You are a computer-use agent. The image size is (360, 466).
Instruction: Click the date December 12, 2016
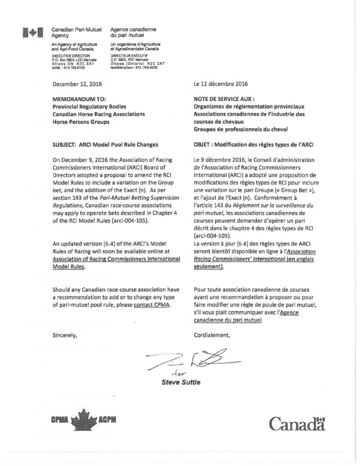[x=77, y=84]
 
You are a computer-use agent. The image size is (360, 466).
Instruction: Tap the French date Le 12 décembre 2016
[x=220, y=84]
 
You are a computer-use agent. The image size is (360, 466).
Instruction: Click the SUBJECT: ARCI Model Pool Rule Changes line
[x=105, y=145]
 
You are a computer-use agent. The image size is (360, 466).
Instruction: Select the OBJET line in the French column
[x=250, y=145]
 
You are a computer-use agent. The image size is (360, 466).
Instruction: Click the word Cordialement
[x=212, y=335]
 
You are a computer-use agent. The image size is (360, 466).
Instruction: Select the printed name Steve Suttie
[x=181, y=382]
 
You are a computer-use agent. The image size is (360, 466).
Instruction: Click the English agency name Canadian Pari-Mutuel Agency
[x=76, y=32]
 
